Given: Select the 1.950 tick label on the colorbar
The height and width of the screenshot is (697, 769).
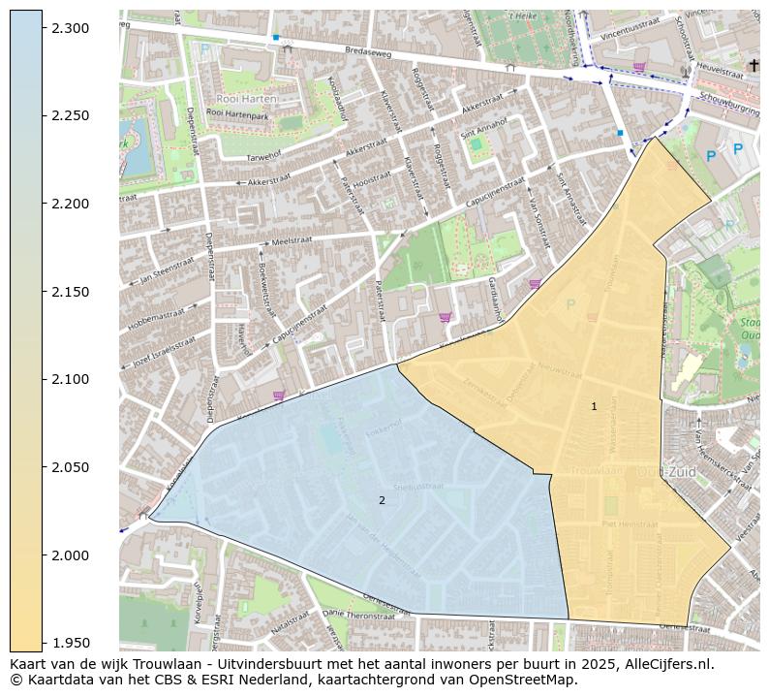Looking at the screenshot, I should (72, 643).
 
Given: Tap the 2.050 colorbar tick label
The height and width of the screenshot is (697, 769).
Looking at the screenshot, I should (72, 467).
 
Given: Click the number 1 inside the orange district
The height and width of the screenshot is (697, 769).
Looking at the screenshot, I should (594, 407).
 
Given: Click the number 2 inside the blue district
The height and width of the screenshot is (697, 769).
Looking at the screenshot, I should (382, 500).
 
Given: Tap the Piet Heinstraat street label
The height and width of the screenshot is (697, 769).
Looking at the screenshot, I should (630, 523).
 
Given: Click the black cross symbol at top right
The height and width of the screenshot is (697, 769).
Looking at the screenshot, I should (754, 65).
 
